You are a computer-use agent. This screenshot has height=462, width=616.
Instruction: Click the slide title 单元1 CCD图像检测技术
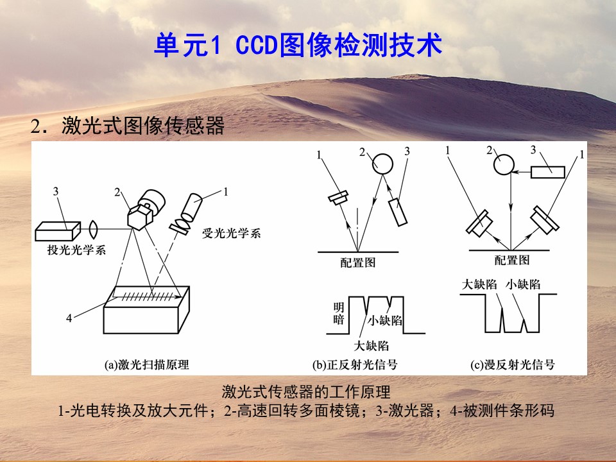pyautogui.click(x=298, y=45)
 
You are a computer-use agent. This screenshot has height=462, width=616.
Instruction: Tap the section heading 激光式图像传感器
pyautogui.click(x=143, y=126)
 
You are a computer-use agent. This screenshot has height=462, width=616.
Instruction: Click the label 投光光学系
pyautogui.click(x=76, y=250)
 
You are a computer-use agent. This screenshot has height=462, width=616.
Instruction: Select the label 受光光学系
pyautogui.click(x=232, y=233)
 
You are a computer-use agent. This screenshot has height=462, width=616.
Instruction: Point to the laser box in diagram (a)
pyautogui.click(x=58, y=231)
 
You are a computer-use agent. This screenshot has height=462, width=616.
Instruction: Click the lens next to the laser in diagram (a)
pyautogui.click(x=93, y=230)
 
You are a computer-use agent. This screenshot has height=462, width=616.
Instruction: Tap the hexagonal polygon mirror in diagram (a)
pyautogui.click(x=139, y=216)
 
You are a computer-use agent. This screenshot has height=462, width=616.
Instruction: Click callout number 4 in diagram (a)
pyautogui.click(x=69, y=318)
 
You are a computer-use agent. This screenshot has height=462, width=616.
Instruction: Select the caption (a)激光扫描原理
pyautogui.click(x=146, y=364)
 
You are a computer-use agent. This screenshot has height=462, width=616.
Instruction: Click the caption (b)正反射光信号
pyautogui.click(x=355, y=365)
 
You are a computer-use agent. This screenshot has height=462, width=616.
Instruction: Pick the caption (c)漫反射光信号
pyautogui.click(x=512, y=365)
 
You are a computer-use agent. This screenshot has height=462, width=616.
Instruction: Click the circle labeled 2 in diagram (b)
pyautogui.click(x=382, y=164)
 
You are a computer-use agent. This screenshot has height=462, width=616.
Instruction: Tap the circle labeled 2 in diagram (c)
pyautogui.click(x=504, y=164)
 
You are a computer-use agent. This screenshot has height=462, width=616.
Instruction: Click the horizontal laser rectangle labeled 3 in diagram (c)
pyautogui.click(x=547, y=172)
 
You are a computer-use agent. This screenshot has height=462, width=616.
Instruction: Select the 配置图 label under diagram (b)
pyautogui.click(x=358, y=262)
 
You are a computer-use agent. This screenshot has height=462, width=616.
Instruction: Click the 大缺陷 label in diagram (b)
pyautogui.click(x=372, y=346)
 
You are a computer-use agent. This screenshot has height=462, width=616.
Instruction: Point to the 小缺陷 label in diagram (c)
pyautogui.click(x=523, y=284)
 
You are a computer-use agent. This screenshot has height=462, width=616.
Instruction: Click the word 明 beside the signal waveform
pyautogui.click(x=339, y=307)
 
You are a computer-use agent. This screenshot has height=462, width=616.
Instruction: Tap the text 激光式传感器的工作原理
pyautogui.click(x=307, y=391)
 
